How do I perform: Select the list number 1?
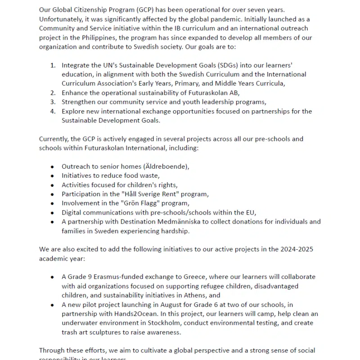[53, 65]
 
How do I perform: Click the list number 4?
[53, 111]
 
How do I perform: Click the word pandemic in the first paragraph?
[237, 19]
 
